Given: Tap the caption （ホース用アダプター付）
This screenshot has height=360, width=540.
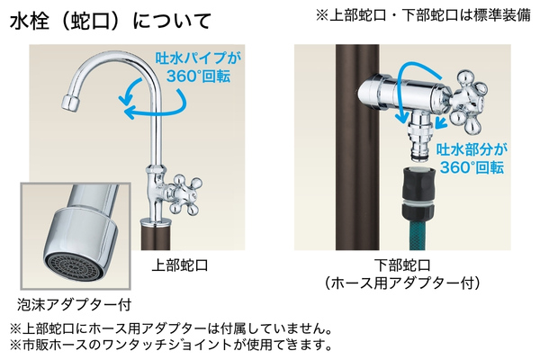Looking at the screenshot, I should click(x=402, y=283).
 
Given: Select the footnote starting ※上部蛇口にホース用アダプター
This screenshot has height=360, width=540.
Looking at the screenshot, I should click(x=172, y=328).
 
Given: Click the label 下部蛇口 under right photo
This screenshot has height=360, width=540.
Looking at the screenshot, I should click(x=402, y=265).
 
